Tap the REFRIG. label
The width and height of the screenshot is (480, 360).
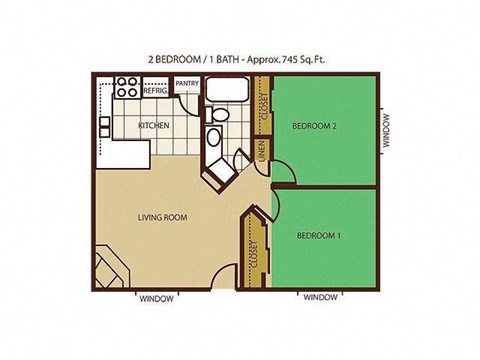(x=156, y=90)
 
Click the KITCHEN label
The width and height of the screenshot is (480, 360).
(x=153, y=126)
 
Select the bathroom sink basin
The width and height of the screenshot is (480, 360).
(x=218, y=172)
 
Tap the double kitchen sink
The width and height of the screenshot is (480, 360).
(x=105, y=125)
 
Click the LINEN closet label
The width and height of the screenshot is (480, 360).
(x=260, y=153)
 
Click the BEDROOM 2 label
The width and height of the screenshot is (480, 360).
(x=313, y=126)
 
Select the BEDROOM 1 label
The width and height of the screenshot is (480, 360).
(x=319, y=236)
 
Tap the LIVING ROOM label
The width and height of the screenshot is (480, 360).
(x=163, y=216)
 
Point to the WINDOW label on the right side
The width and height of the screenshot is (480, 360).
(x=388, y=130)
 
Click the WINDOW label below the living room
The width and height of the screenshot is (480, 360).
(x=157, y=298)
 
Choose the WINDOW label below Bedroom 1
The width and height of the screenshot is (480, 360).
(x=319, y=298)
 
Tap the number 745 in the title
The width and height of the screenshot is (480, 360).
(x=295, y=59)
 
